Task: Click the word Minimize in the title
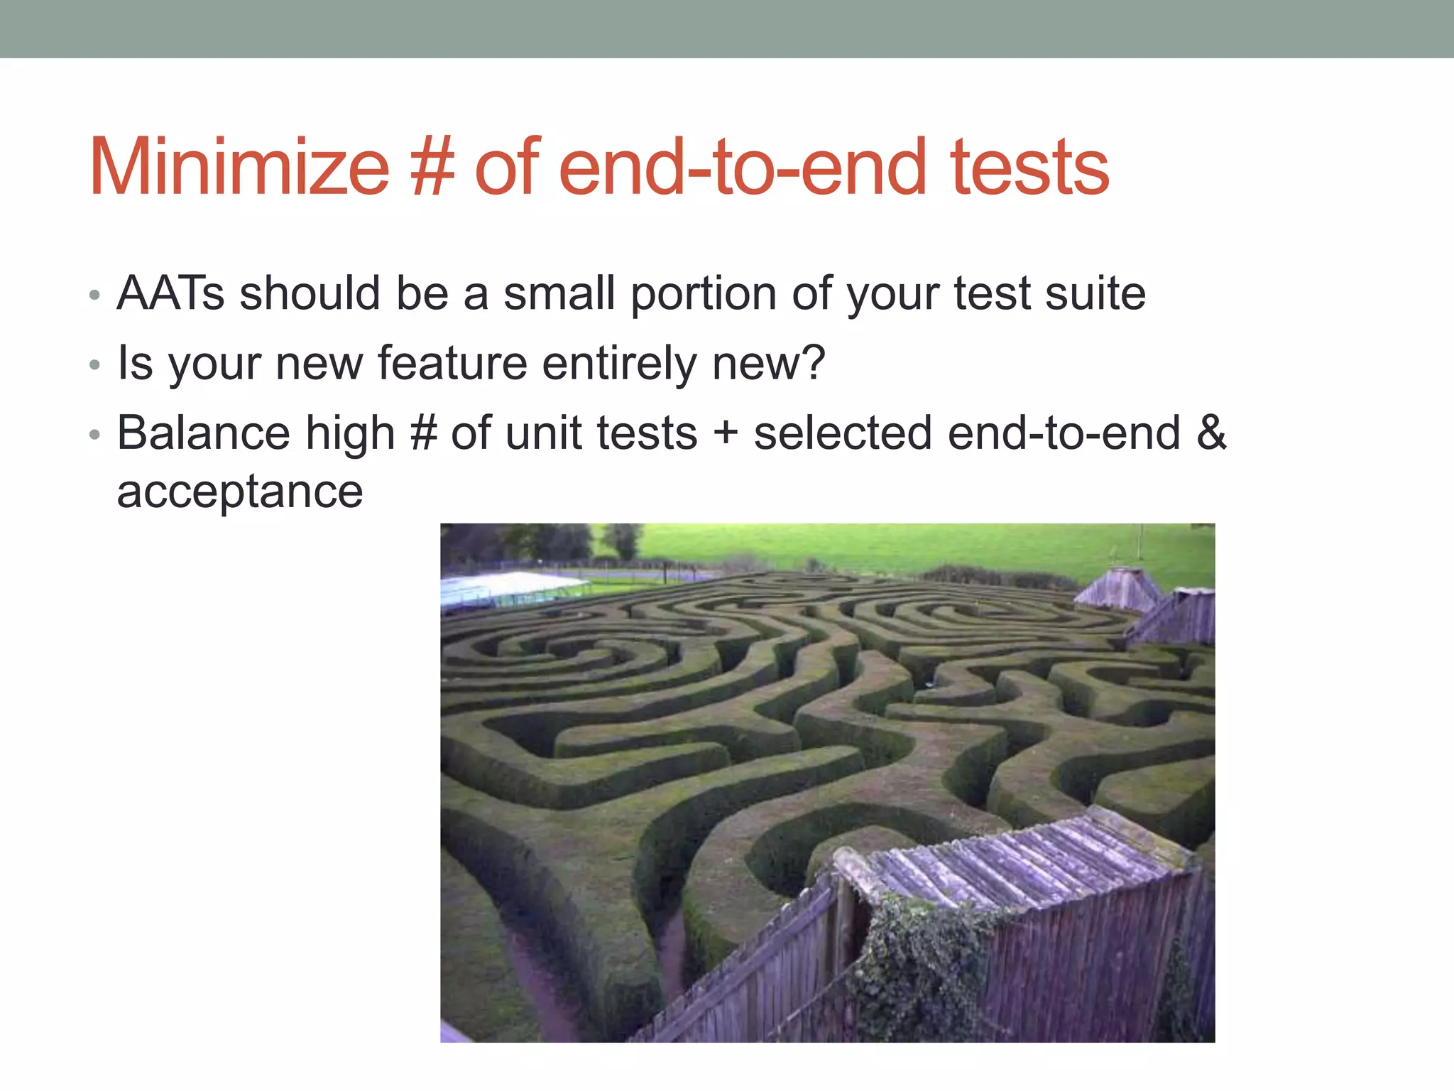[239, 168]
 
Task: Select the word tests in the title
[1029, 168]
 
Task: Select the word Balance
[204, 433]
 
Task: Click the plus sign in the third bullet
[726, 433]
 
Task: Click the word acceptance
[240, 492]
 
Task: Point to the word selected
[843, 433]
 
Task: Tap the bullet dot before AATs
[95, 295]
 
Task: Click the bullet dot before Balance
[95, 435]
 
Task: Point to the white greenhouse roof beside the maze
[504, 587]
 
